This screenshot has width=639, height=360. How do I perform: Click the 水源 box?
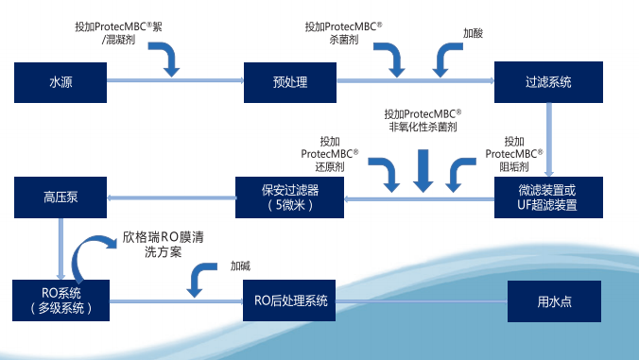pyautogui.click(x=60, y=82)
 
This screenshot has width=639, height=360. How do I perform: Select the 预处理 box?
pyautogui.click(x=290, y=82)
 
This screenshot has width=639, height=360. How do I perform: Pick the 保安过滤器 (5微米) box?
pyautogui.click(x=289, y=197)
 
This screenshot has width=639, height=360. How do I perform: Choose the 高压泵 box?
pyautogui.click(x=60, y=197)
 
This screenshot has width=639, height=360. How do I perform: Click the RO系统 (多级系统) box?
pyautogui.click(x=60, y=301)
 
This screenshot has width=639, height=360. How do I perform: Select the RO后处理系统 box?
pyautogui.click(x=290, y=301)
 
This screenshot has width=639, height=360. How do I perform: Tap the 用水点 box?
pyautogui.click(x=555, y=301)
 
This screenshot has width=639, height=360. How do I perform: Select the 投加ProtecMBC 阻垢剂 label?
pyautogui.click(x=514, y=151)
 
